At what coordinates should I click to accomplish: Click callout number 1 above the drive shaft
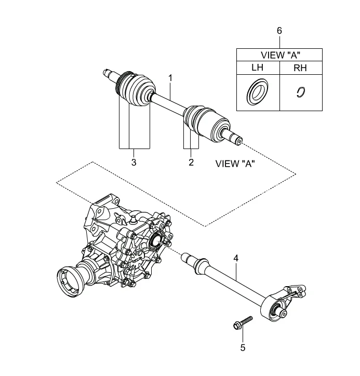click(170, 78)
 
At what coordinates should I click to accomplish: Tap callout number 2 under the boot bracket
click(191, 163)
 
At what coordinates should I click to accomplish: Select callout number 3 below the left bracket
click(134, 163)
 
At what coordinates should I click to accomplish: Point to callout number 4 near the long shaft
click(236, 259)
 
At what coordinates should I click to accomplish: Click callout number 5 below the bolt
click(243, 348)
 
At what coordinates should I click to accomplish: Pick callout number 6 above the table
click(279, 31)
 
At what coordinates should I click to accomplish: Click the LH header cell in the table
click(258, 68)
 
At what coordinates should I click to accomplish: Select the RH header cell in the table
click(300, 68)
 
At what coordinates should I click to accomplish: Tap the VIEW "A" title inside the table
click(281, 55)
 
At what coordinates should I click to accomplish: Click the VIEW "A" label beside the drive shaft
click(235, 164)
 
